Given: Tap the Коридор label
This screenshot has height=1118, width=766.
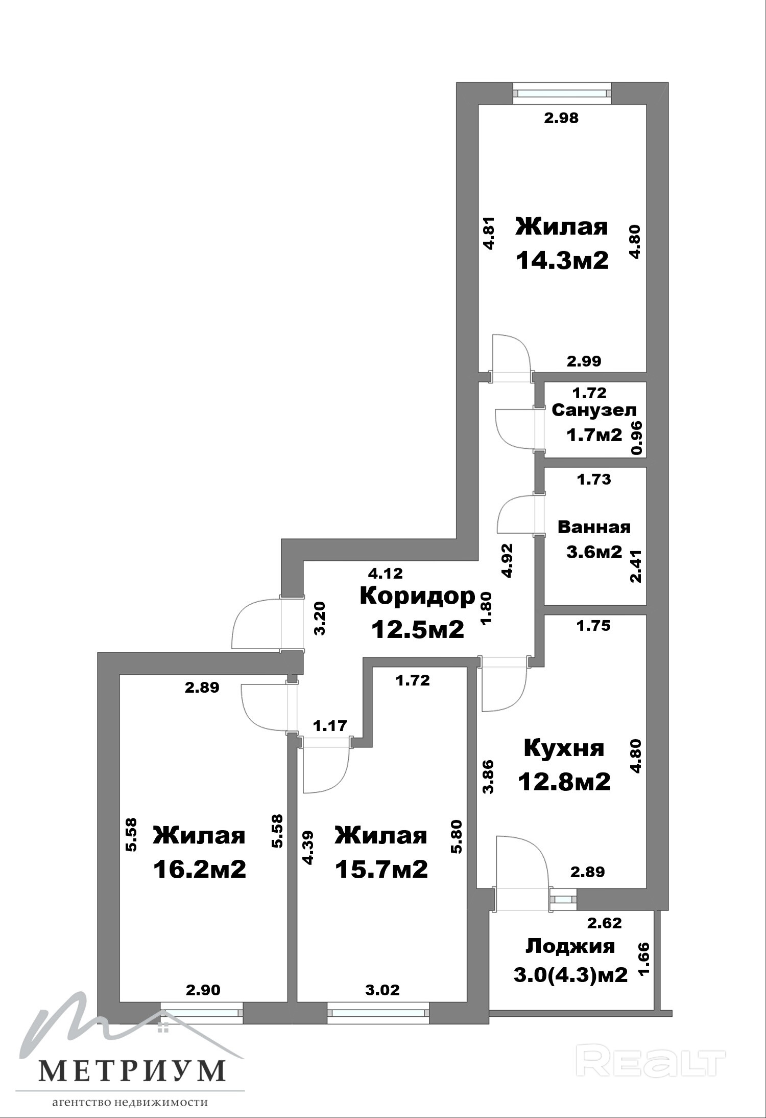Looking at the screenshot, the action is click(x=418, y=596).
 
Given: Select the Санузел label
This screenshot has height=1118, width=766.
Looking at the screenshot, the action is click(x=594, y=410).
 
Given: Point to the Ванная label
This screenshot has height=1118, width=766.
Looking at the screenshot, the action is click(x=594, y=527).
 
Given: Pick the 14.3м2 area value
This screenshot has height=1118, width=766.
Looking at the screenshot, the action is click(x=562, y=261).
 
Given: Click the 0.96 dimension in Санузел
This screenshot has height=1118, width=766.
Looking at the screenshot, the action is click(x=636, y=438).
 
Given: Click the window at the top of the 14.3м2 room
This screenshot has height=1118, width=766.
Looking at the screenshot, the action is click(x=562, y=94).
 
